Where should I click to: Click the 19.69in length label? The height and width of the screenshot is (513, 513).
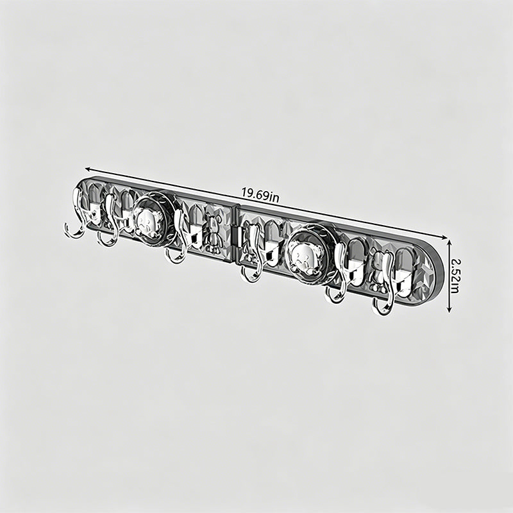coord(260,194)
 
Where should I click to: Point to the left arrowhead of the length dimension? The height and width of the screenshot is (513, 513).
coord(87,169)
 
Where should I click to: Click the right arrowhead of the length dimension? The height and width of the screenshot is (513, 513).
coord(443,238)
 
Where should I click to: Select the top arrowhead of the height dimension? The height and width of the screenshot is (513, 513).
coord(450,242)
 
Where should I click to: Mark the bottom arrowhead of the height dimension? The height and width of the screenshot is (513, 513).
coord(450,310)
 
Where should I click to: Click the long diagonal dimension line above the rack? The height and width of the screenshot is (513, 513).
coord(265,203)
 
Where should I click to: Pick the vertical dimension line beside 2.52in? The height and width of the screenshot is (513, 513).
coord(450,276)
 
